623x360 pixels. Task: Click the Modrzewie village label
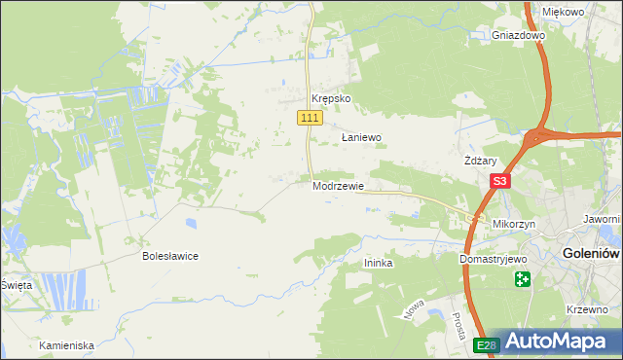(339, 186)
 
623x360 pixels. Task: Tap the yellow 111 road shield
(310, 118)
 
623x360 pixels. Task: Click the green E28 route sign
(487, 345)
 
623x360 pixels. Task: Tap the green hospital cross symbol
(523, 280)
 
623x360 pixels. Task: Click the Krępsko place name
(330, 99)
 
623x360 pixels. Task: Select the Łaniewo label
(361, 138)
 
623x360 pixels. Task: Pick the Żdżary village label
(481, 162)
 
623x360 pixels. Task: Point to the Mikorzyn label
(515, 224)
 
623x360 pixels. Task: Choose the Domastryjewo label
(493, 261)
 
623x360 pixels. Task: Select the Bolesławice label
(170, 256)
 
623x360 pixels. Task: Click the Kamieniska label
(66, 345)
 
